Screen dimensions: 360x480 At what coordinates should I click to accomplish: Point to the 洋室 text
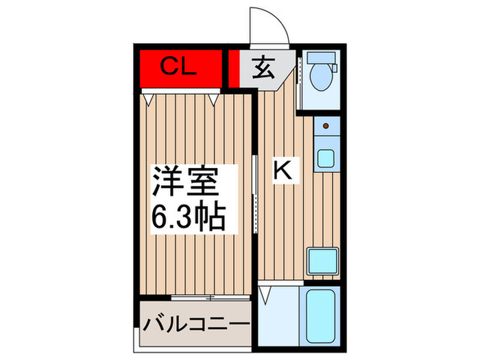pyautogui.click(x=185, y=184)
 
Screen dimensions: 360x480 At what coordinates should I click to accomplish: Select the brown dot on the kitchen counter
pyautogui.click(x=326, y=125)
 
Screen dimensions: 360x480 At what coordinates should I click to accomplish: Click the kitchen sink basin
pyautogui.click(x=326, y=158)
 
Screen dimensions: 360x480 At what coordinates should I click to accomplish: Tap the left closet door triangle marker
pyautogui.click(x=149, y=99)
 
